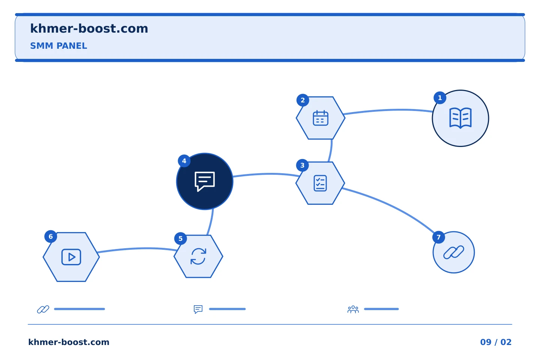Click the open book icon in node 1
[460, 118]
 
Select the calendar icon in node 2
[320, 118]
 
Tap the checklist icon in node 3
[320, 183]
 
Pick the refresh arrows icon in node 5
[198, 256]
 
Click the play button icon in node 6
[71, 257]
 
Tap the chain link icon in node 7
[454, 252]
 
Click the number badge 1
[440, 97]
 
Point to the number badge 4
[184, 161]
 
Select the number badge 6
[51, 236]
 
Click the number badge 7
[438, 237]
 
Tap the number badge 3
[302, 165]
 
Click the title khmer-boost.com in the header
[89, 28]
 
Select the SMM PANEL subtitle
[58, 46]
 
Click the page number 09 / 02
[496, 342]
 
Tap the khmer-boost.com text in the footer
[69, 342]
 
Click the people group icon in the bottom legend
[353, 309]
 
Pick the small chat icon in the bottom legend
[198, 309]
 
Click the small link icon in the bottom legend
[43, 309]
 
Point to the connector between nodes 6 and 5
[137, 249]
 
